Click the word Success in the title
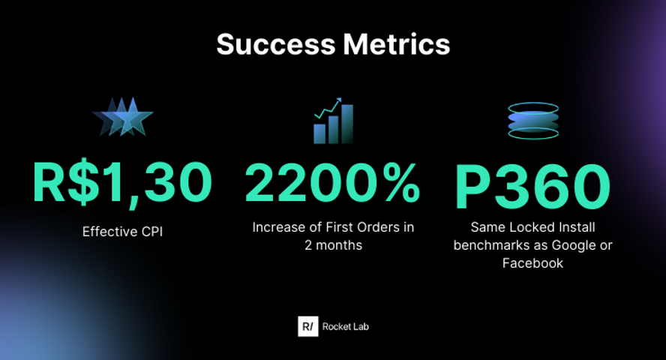coord(276,44)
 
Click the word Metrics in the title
coord(397,44)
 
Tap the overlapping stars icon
coord(123,117)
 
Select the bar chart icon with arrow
coord(334,121)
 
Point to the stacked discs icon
coord(533,121)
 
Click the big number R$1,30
coord(122,183)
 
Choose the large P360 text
coord(532,187)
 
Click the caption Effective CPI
coord(122,232)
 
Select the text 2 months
coord(334,245)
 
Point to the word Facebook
coord(532,263)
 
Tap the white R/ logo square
coord(308,326)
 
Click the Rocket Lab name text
coord(345,326)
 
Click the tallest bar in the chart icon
coord(347,124)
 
